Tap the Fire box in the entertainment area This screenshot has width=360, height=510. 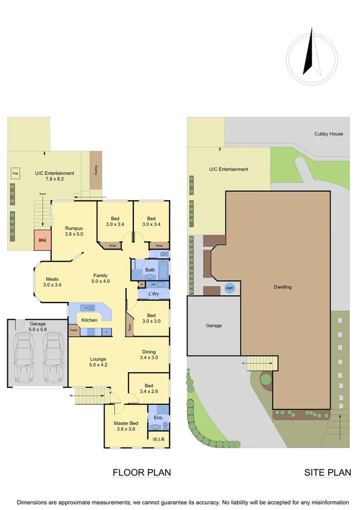tap(16, 175)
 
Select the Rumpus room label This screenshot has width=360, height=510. tap(74, 228)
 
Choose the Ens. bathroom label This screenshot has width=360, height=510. tap(159, 417)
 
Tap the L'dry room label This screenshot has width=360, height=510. tap(153, 293)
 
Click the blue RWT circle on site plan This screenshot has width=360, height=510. tap(230, 288)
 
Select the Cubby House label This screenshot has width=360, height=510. tap(329, 134)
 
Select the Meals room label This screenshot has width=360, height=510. tap(52, 279)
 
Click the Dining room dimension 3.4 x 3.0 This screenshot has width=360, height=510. tap(150, 357)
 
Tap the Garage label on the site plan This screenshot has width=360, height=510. tap(214, 325)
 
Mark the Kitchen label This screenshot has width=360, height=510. tap(90, 320)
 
